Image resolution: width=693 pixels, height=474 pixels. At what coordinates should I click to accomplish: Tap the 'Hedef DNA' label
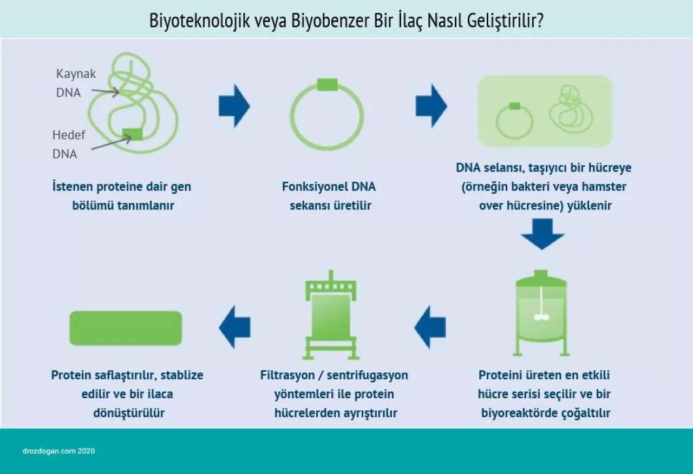tap(68, 144)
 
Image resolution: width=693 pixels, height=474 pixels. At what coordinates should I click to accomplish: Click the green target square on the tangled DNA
tap(133, 134)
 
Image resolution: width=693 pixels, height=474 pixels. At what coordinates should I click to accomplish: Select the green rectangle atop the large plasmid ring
tap(327, 84)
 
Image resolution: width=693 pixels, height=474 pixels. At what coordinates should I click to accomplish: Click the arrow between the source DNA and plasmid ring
tap(234, 106)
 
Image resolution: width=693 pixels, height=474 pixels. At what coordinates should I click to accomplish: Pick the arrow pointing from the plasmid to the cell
tap(431, 106)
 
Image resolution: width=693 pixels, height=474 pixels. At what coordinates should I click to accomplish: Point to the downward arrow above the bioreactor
tap(542, 234)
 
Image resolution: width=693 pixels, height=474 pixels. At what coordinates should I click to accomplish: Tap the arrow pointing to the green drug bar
tap(234, 327)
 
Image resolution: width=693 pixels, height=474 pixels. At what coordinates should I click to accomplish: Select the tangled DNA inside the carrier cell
tap(571, 108)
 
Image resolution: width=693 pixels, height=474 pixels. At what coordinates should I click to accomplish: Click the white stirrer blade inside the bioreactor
tap(541, 317)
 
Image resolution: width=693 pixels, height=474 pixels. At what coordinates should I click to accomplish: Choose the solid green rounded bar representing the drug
tap(126, 328)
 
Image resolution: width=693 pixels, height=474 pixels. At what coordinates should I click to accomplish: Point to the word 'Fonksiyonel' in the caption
tap(308, 187)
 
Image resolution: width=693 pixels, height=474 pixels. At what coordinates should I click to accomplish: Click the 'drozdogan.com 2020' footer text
tap(59, 451)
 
